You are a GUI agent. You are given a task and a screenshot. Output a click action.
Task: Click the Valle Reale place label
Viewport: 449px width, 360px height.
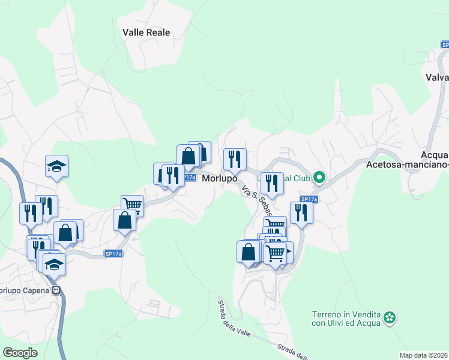tap(146, 32)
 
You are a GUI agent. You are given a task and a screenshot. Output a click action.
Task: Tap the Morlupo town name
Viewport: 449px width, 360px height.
tap(219, 179)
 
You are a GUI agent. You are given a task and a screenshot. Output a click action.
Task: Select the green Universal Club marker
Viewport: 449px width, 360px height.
tap(319, 177)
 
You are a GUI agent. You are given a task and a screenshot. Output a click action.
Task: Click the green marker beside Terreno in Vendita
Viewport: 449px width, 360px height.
tap(390, 317)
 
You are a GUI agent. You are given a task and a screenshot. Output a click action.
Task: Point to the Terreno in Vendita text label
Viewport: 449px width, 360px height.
tap(347, 319)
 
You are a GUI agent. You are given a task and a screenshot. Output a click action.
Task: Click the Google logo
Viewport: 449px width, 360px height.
tap(20, 353)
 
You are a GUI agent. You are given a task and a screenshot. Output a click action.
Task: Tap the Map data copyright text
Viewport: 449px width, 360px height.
tap(423, 355)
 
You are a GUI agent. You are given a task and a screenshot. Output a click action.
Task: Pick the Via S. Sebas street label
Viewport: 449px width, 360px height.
tap(257, 201)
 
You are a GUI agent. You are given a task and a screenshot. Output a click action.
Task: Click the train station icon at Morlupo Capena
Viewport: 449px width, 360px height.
tap(57, 290)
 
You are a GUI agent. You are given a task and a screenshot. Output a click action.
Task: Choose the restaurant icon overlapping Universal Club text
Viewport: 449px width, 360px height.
tap(272, 183)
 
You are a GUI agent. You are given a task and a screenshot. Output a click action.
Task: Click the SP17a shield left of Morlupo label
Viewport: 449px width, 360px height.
tap(188, 178)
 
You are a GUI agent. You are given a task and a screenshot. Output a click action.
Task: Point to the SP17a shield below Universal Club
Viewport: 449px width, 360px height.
tap(309, 199)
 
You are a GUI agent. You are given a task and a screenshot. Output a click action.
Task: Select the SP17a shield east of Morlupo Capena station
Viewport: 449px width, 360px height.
tap(113, 254)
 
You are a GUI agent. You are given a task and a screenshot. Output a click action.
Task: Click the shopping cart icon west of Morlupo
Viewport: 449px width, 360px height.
tap(133, 205)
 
